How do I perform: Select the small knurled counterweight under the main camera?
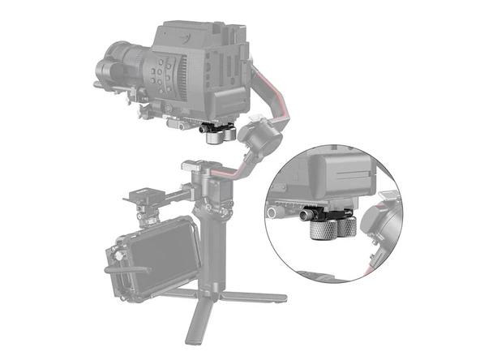click(216, 136)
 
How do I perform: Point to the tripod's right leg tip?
click(280, 298)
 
